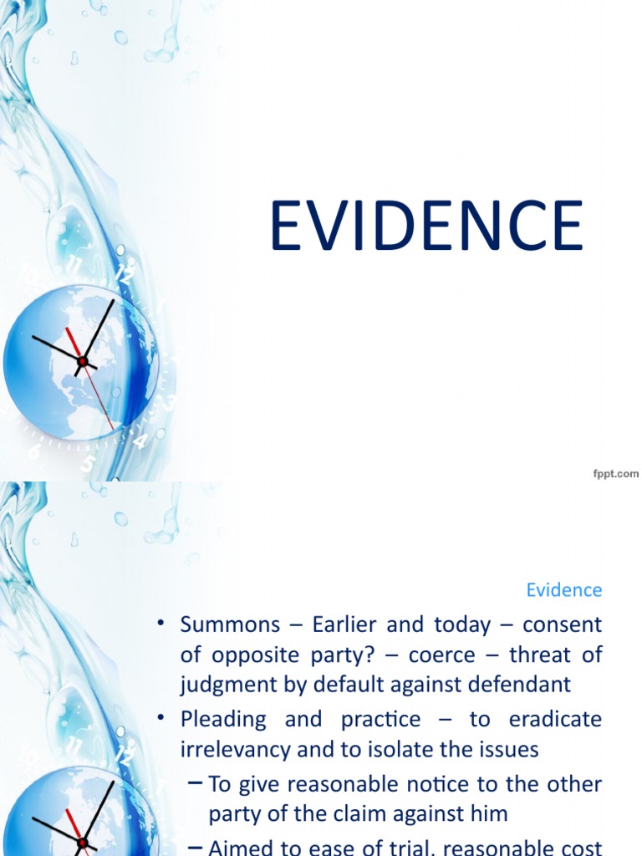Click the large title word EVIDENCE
coord(426,226)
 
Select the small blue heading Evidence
coord(563,590)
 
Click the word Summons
coord(230,625)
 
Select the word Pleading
coord(222,720)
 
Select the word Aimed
coord(237,846)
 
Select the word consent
coord(565,625)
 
